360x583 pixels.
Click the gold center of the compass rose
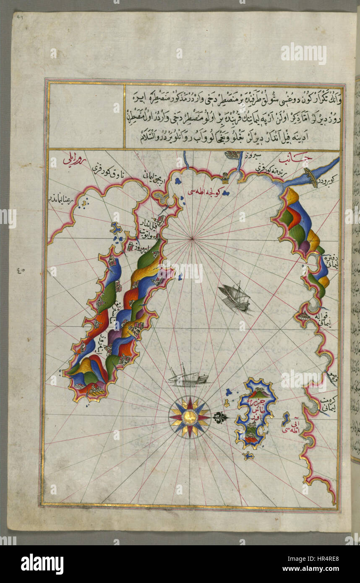189,417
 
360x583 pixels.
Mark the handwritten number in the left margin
22,270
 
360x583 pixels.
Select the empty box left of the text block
86,116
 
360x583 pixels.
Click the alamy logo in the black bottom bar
42,564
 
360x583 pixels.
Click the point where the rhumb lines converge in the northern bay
192,239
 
